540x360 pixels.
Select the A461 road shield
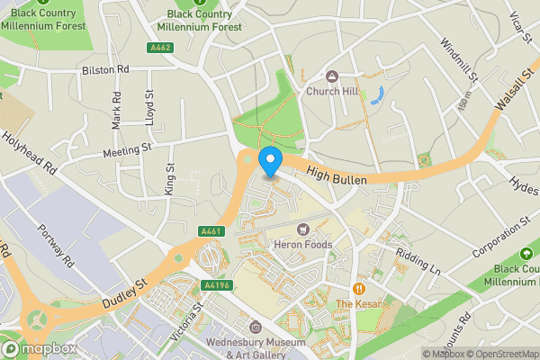click(211, 231)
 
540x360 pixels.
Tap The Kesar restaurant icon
click(360, 290)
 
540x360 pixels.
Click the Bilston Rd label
click(105, 68)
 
